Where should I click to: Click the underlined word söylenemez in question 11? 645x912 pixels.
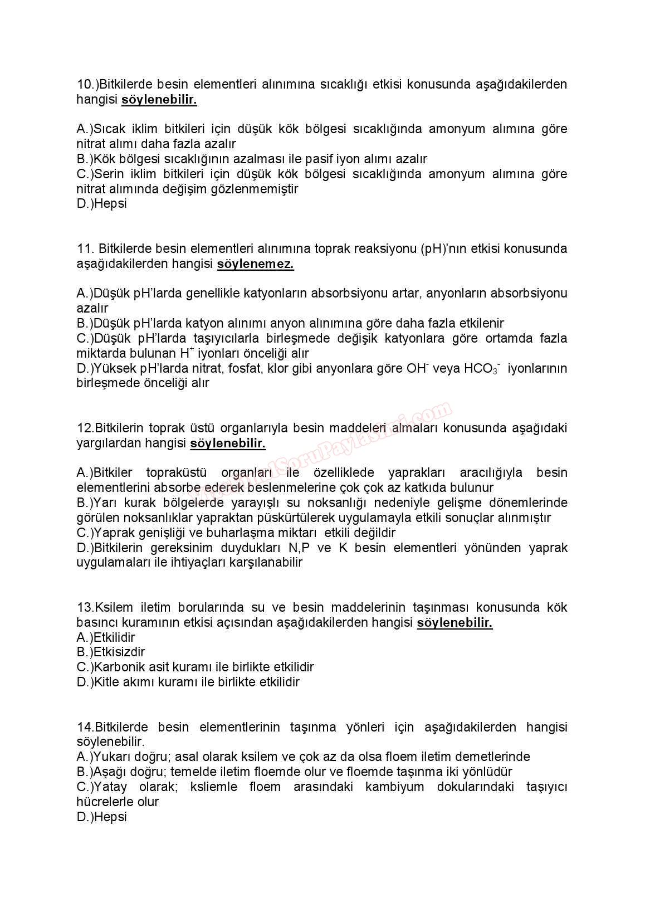point(255,264)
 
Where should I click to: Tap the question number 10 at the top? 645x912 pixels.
point(85,84)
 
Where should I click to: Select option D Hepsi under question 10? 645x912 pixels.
point(102,204)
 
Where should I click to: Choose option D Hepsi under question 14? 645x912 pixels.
point(102,817)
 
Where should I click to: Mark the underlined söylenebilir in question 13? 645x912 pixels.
point(455,623)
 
